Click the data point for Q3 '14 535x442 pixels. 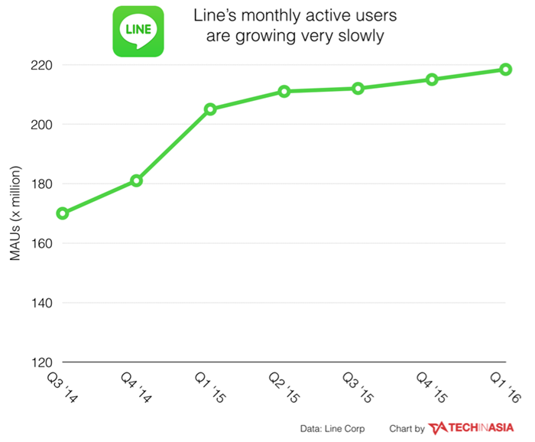click(63, 213)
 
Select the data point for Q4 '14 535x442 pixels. click(136, 180)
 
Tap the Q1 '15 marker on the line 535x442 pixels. click(210, 109)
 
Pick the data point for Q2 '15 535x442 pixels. click(284, 91)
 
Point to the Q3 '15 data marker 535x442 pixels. click(358, 89)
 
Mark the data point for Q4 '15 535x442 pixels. click(432, 80)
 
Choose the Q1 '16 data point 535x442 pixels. click(505, 70)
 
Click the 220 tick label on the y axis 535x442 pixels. click(41, 65)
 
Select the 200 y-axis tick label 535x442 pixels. click(41, 125)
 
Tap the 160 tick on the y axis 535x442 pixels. click(41, 243)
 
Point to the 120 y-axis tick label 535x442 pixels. click(41, 362)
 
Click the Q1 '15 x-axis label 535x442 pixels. click(210, 388)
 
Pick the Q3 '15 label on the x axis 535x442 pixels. click(358, 388)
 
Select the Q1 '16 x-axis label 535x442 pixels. click(505, 388)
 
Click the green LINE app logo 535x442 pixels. click(138, 31)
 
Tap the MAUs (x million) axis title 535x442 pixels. click(15, 213)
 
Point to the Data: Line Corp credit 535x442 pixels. click(332, 429)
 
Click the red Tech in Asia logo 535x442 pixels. click(471, 428)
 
